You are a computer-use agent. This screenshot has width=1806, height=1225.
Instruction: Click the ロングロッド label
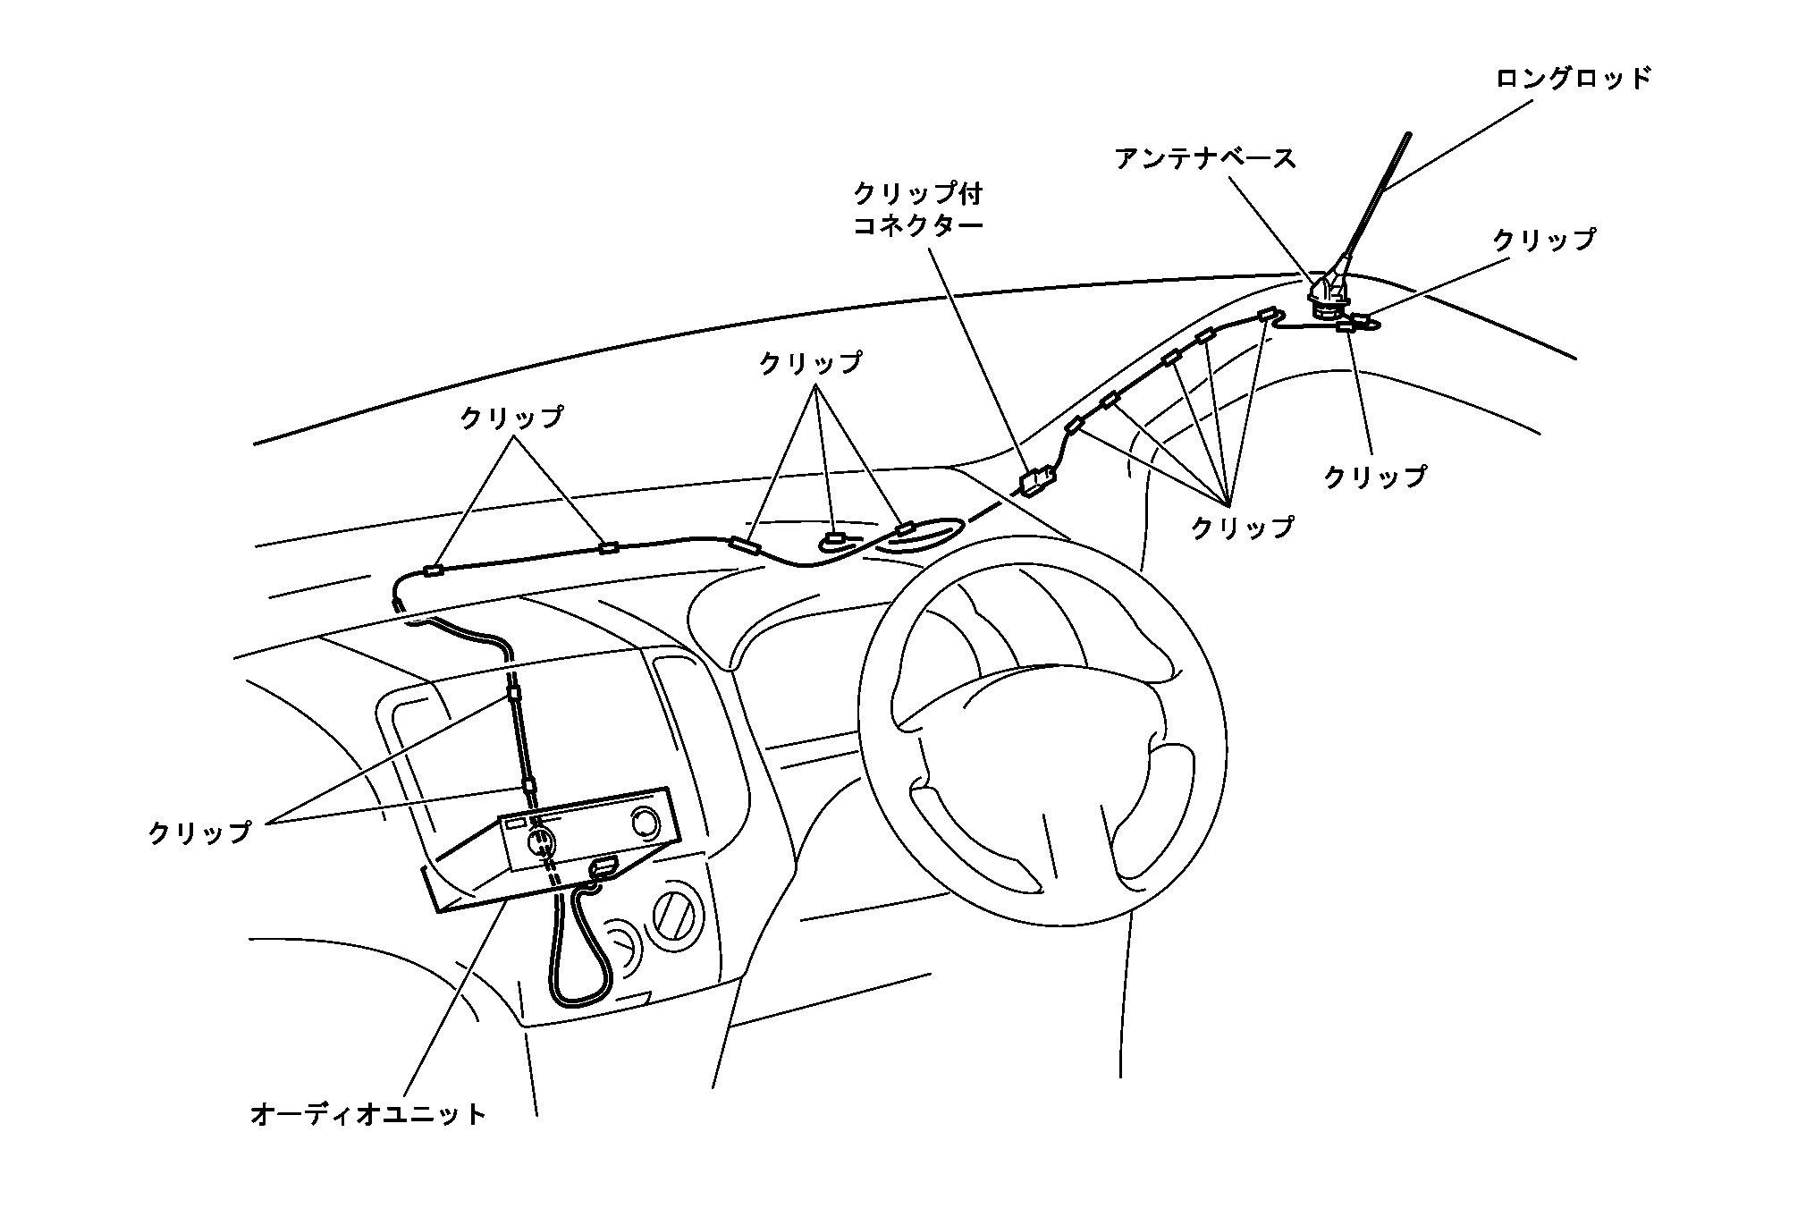coord(1573,79)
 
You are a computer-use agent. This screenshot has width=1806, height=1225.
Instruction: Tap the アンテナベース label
coord(1205,159)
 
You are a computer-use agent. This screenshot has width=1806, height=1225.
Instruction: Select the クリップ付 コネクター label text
coord(917,208)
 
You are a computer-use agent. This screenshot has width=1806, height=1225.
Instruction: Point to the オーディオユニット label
coord(368,1114)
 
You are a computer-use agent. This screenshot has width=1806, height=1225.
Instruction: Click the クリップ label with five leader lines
coord(1242,528)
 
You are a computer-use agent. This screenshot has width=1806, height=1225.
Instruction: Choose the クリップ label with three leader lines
coord(810,363)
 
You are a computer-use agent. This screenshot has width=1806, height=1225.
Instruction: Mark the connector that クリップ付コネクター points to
coord(1036,483)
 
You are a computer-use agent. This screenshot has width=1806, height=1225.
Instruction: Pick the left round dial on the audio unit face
coord(539,840)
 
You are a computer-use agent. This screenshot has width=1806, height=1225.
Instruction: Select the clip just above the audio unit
coord(528,787)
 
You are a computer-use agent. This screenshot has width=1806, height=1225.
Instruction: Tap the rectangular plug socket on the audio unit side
coord(603,866)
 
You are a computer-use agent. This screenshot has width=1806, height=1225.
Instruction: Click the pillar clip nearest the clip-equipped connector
coord(1075,425)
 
